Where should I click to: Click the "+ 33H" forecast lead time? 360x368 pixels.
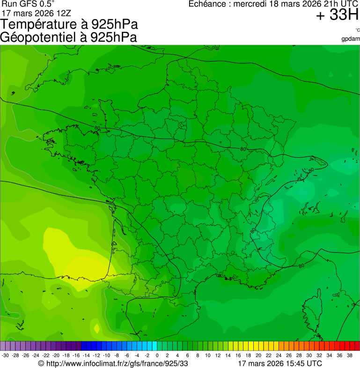[337, 15]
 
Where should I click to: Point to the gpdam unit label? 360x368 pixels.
[351, 38]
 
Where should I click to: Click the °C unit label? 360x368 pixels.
[357, 30]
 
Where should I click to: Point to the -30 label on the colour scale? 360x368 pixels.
[5, 355]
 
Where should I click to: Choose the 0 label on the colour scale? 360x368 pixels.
[157, 355]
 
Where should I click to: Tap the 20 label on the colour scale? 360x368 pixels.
[258, 355]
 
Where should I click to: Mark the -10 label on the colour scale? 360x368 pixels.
[106, 355]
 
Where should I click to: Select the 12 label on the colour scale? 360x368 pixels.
[218, 355]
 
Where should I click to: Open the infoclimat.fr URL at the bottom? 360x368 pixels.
[117, 363]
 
